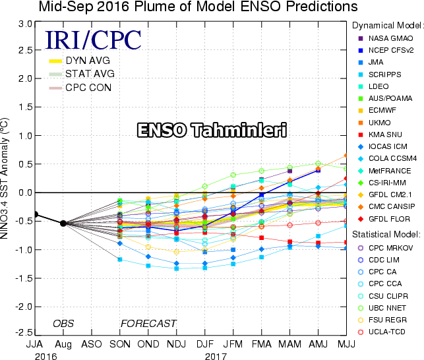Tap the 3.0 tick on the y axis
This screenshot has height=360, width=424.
[25, 23]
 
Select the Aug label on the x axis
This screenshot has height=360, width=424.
[63, 344]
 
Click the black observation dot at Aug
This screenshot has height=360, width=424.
[63, 223]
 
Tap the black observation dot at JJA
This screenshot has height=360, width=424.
[36, 214]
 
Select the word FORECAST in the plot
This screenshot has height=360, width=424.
[148, 324]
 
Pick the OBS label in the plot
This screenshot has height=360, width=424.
[63, 324]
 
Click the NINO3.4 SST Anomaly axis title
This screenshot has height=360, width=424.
[8, 178]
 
